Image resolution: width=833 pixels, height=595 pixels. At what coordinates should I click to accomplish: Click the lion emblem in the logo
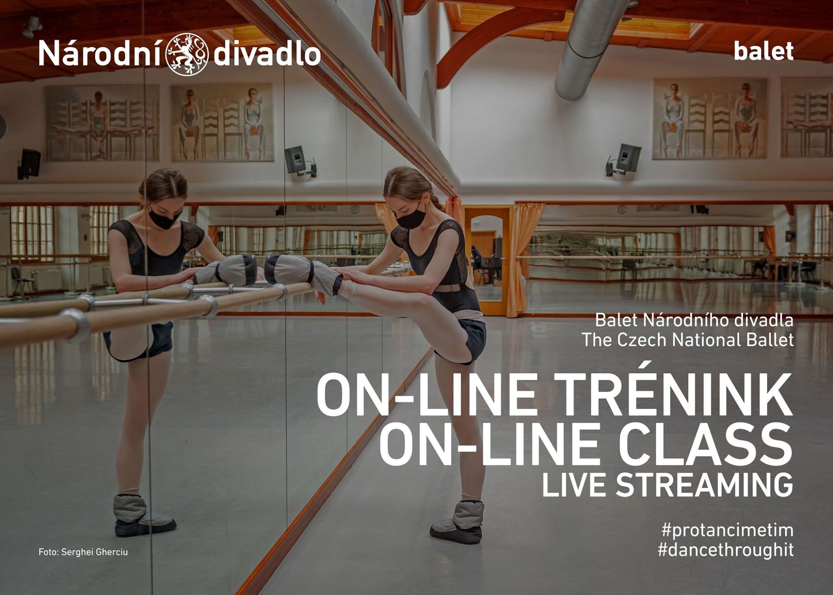187,54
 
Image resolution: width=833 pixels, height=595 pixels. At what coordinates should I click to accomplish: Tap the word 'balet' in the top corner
763,51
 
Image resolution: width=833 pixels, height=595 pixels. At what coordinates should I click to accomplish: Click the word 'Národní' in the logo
101,53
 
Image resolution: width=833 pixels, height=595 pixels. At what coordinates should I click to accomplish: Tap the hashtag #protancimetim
728,530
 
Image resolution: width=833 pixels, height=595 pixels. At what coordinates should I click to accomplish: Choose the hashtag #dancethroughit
726,550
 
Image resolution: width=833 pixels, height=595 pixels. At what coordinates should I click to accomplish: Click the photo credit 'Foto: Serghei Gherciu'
83,552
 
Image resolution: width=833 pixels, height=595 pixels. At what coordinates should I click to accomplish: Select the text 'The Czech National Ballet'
687,340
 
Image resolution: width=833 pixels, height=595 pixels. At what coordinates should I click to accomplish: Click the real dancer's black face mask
411,217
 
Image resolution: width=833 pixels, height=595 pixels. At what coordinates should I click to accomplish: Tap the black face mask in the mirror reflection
164,218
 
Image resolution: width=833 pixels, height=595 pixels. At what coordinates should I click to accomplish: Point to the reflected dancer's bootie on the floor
142,515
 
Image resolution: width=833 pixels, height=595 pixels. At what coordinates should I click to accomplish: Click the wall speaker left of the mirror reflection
29,163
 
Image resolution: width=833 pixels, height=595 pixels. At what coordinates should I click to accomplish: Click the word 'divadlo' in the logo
267,54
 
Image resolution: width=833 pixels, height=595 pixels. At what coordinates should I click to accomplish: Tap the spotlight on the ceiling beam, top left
32,27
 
